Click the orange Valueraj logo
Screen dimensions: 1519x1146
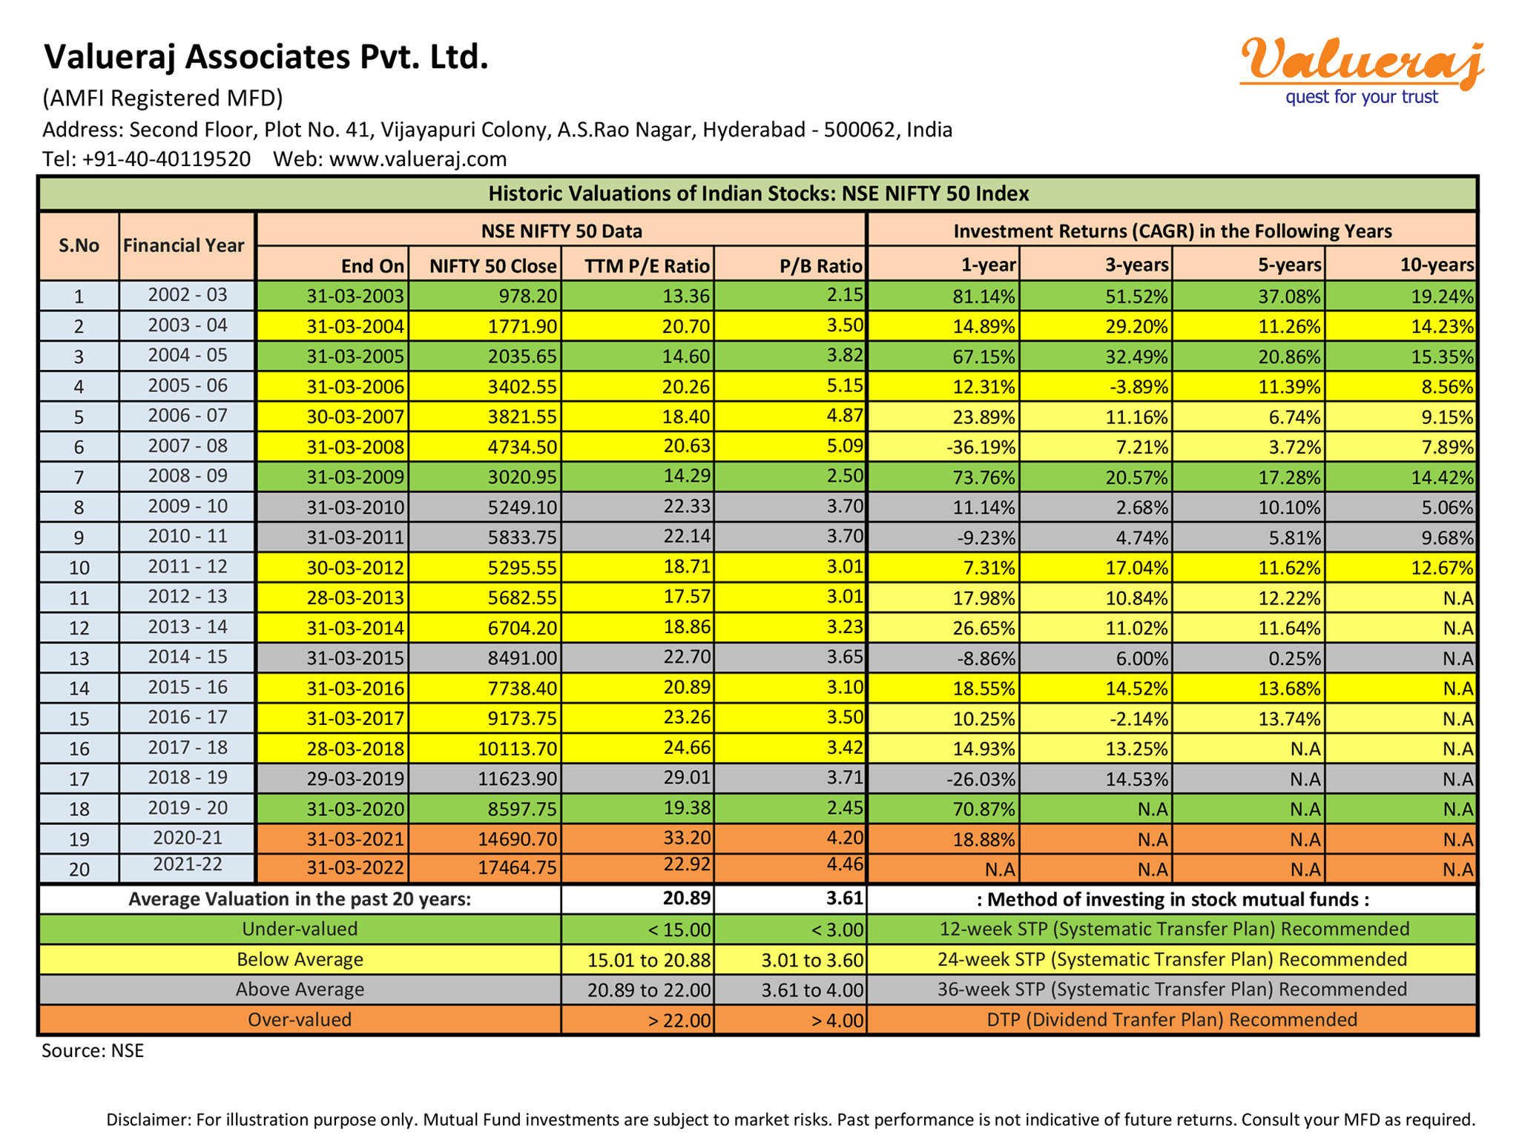[1362, 60]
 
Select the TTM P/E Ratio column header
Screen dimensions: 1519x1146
[648, 265]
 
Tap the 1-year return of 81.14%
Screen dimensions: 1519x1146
[983, 297]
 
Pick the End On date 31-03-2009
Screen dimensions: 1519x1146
[356, 477]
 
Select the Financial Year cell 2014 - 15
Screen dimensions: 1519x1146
[188, 657]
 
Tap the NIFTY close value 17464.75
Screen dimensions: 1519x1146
[517, 867]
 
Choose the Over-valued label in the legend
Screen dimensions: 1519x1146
[300, 1019]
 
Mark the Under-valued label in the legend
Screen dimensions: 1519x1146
[300, 929]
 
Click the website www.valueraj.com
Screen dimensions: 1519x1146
[418, 159]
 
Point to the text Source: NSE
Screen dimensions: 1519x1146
[93, 1050]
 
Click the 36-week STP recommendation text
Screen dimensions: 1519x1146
[1172, 989]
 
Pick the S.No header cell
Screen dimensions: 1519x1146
[79, 245]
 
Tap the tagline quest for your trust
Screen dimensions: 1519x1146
[1362, 97]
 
